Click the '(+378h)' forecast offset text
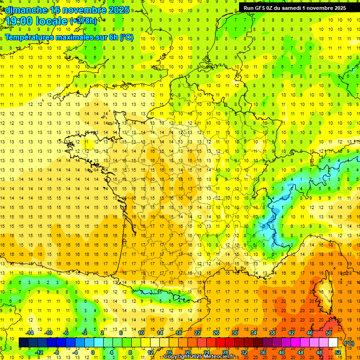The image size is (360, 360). (x=84, y=21)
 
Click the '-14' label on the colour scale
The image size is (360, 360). (x=30, y=333)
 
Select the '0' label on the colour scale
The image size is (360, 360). (x=92, y=352)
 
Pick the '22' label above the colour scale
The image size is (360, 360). (x=197, y=333)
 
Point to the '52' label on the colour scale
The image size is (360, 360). (x=337, y=352)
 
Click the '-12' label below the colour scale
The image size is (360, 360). (x=39, y=352)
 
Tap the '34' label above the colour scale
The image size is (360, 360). (x=254, y=333)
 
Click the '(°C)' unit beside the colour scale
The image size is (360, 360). (x=349, y=343)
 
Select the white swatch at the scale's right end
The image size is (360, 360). (x=333, y=343)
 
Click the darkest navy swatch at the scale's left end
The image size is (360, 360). (x=24, y=343)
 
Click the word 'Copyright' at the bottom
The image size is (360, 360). (x=178, y=357)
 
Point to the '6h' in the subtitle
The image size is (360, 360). (x=114, y=37)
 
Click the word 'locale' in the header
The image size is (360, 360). (x=53, y=22)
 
